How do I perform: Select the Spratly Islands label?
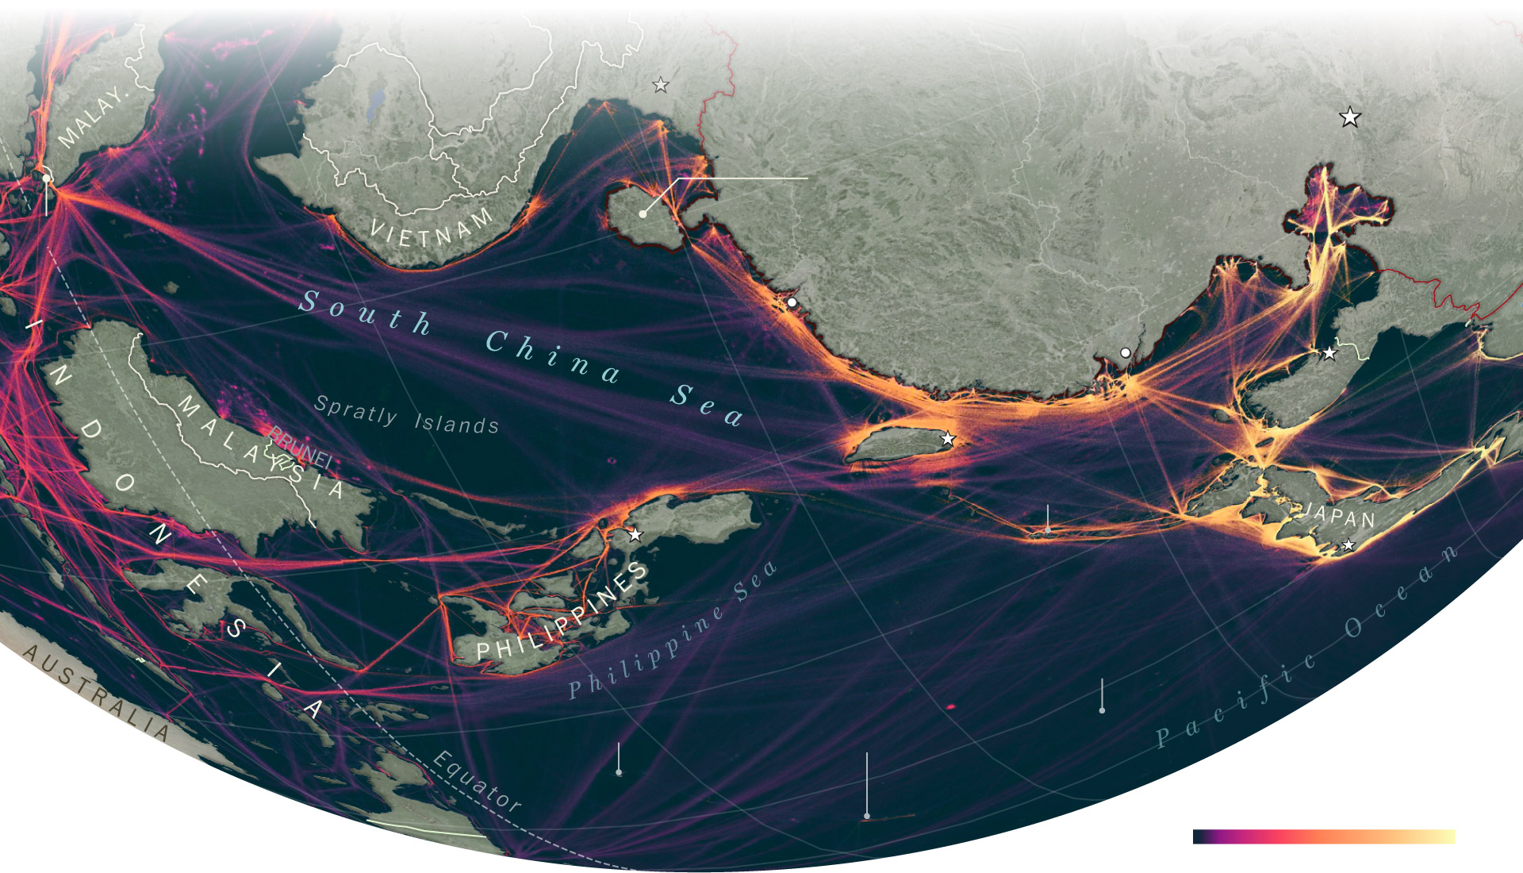click(x=406, y=415)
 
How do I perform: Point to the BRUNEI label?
click(x=300, y=447)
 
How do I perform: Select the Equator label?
click(x=477, y=782)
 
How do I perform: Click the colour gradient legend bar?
click(x=1324, y=836)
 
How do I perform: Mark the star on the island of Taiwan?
click(x=947, y=439)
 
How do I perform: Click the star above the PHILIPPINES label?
click(x=635, y=535)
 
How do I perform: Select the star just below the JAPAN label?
click(x=1348, y=545)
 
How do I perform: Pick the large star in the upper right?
click(x=1349, y=117)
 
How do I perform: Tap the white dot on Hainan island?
click(x=643, y=213)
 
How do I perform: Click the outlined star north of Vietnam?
click(x=660, y=85)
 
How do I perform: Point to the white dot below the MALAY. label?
click(x=47, y=178)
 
